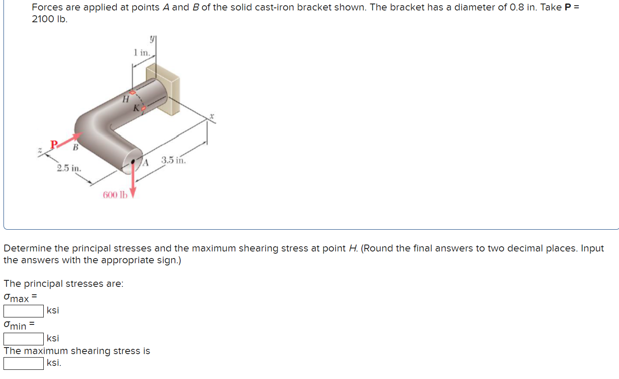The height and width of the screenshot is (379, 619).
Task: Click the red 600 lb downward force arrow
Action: pyautogui.click(x=133, y=181)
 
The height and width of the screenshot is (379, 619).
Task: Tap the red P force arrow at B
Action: pyautogui.click(x=69, y=141)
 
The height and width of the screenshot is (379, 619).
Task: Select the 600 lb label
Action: pyautogui.click(x=115, y=195)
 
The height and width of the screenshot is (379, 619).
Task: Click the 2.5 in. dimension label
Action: pyautogui.click(x=69, y=168)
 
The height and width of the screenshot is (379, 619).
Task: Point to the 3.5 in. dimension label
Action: pyautogui.click(x=173, y=160)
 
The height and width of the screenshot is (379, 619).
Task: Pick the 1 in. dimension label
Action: pyautogui.click(x=142, y=53)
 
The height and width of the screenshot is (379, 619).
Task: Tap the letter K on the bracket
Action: pyautogui.click(x=136, y=108)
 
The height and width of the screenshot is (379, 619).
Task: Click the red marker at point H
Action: pyautogui.click(x=132, y=92)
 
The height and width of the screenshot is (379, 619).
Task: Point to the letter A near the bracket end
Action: pyautogui.click(x=146, y=163)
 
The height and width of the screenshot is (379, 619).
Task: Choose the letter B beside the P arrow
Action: pyautogui.click(x=75, y=148)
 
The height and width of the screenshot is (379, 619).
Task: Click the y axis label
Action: pyautogui.click(x=152, y=39)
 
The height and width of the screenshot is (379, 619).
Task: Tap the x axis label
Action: pyautogui.click(x=212, y=116)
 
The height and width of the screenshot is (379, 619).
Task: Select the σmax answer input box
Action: pyautogui.click(x=24, y=311)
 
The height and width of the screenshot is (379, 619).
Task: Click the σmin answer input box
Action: pyautogui.click(x=24, y=339)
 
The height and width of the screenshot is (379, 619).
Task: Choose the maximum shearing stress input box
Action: pyautogui.click(x=24, y=363)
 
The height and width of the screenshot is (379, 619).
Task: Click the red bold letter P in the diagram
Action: pyautogui.click(x=54, y=145)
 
